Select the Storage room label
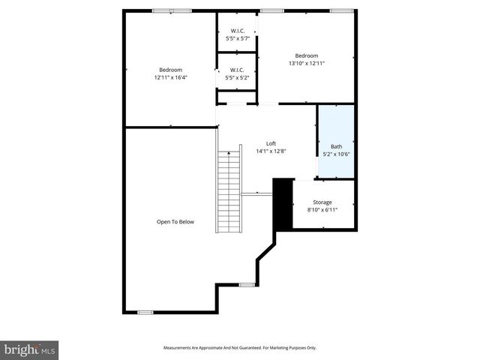[x=322, y=202]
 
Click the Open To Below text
[x=175, y=222]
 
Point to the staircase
[x=228, y=192]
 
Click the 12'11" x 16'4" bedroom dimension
[x=171, y=77]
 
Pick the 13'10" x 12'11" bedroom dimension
[x=306, y=63]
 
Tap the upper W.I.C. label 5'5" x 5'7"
[x=238, y=38]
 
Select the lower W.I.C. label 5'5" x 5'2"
[x=238, y=77]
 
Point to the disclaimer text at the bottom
[x=240, y=348]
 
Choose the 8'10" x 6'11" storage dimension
[x=322, y=210]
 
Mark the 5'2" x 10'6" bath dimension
[x=336, y=154]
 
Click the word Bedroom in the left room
[x=171, y=70]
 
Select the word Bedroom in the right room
[x=306, y=55]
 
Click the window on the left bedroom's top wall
[x=172, y=10]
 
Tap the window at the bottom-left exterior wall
[x=145, y=312]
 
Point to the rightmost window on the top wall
[x=341, y=10]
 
